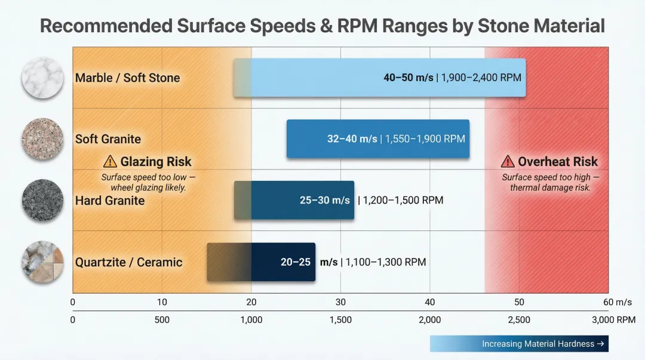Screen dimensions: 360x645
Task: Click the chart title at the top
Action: [x=322, y=26]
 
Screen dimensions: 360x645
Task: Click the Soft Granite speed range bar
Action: [x=377, y=139]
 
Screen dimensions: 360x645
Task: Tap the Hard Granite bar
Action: [x=294, y=200]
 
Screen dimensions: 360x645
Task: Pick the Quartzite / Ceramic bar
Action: [x=261, y=262]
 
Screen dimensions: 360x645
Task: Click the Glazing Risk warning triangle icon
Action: [x=110, y=161]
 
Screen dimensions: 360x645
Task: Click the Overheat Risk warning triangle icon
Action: [x=508, y=161]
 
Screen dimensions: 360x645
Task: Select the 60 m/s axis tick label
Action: [x=617, y=302]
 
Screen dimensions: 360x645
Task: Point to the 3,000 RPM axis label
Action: [x=613, y=320]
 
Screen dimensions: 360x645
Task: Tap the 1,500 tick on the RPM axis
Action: [x=340, y=320]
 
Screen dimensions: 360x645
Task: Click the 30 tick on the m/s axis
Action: [x=340, y=302]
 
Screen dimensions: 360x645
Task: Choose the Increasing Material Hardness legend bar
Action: [x=519, y=344]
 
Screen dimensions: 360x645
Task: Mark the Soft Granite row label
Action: [x=108, y=139]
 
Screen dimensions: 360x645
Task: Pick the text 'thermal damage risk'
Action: [x=550, y=187]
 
